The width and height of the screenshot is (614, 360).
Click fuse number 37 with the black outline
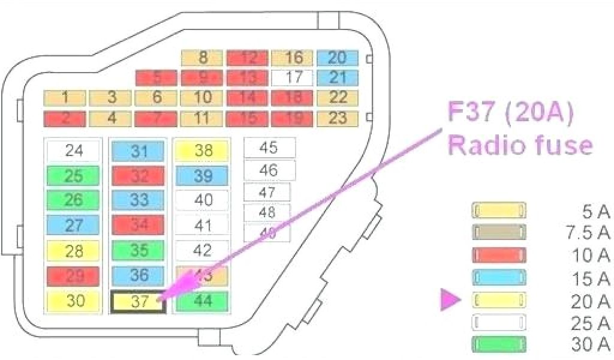139,302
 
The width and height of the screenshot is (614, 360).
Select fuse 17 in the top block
292,77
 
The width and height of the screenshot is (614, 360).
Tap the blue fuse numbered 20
338,58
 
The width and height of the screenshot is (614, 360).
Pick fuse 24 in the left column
74,150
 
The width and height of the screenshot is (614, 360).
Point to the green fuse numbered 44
203,301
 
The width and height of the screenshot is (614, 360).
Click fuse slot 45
269,148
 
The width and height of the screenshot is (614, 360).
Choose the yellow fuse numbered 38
203,151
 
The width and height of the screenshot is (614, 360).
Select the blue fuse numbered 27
73,226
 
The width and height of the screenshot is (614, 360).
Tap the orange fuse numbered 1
65,98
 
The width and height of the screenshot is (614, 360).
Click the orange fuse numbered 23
338,118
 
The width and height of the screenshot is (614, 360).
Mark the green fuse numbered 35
139,250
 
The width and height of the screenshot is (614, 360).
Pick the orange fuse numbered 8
203,58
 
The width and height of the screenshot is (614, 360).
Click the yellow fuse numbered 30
74,301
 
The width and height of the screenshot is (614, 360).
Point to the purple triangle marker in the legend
449,299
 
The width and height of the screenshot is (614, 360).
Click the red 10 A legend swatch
499,254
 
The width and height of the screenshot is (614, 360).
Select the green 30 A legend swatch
499,344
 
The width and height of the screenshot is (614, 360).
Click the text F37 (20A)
510,113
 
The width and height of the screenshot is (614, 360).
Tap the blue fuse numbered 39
203,175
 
